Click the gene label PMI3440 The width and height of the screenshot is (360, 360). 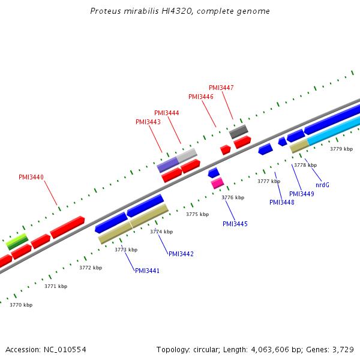31,177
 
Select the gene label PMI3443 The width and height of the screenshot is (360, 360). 148,122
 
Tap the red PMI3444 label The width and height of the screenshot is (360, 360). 167,113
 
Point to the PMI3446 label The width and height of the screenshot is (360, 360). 201,97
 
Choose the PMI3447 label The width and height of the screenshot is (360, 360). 221,88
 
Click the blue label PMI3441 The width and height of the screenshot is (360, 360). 147,271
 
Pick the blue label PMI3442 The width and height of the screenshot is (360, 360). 181,254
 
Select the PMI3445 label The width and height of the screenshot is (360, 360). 235,224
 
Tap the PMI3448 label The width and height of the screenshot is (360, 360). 282,202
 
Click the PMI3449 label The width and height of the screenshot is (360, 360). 302,194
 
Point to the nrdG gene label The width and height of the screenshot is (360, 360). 323,185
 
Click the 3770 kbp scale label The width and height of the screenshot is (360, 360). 21,305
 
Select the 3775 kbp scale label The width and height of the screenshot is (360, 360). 197,214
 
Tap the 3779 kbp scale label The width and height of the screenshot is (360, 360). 341,149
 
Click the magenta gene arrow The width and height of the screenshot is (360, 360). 217,184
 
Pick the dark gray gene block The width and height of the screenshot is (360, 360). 239,131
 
